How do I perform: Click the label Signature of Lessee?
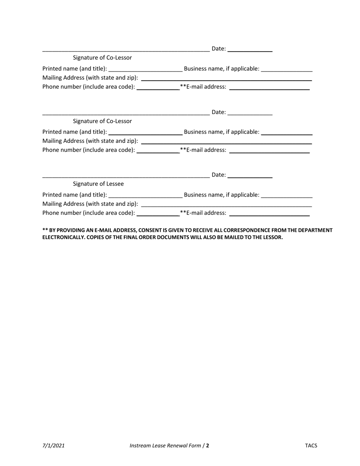click(x=98, y=184)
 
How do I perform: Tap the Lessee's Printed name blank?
click(x=145, y=197)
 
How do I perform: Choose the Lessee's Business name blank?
click(x=287, y=197)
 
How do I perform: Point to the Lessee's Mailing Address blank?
click(x=226, y=206)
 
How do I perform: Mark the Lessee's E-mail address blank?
click(x=269, y=215)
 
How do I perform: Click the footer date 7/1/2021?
click(x=53, y=446)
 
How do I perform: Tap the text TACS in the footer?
click(x=311, y=446)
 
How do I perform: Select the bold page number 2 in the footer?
click(x=208, y=446)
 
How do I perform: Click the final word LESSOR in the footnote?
click(x=273, y=238)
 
